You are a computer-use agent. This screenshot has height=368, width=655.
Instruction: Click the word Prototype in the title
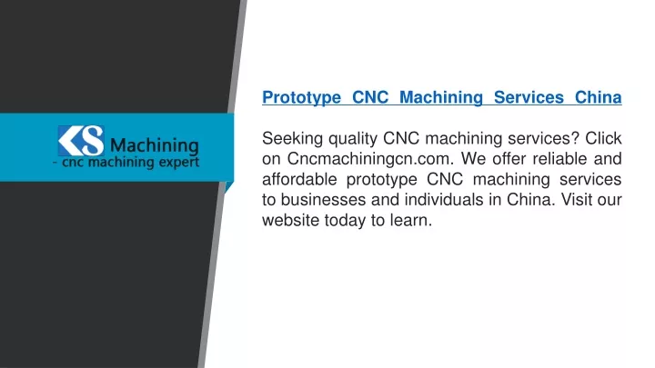click(x=302, y=98)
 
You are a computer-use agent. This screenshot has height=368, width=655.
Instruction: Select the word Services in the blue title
click(x=529, y=97)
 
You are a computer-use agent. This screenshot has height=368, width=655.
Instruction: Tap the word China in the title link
click(x=599, y=97)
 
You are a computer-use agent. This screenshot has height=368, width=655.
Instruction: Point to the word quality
click(x=353, y=139)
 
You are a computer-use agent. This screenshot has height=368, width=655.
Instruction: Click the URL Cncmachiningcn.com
click(x=370, y=158)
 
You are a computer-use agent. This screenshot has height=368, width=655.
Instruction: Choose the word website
click(x=291, y=220)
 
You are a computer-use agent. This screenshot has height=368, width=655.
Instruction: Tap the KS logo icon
click(x=81, y=141)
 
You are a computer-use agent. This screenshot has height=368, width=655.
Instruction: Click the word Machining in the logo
click(x=155, y=146)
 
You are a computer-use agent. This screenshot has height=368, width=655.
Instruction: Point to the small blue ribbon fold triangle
click(x=228, y=186)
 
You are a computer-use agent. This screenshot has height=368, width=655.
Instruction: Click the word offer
click(x=508, y=158)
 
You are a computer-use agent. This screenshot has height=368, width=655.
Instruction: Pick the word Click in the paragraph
click(x=603, y=138)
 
